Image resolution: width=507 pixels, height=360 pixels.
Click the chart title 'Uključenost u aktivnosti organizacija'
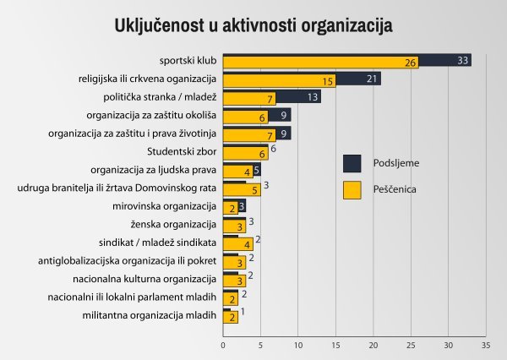[253, 25]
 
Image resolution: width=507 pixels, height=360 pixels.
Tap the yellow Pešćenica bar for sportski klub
[321, 63]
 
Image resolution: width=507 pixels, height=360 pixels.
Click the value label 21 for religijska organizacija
[370, 79]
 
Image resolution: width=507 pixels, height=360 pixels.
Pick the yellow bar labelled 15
[279, 82]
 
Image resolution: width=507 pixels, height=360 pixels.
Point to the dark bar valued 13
[313, 95]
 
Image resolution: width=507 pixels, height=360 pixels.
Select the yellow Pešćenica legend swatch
[352, 190]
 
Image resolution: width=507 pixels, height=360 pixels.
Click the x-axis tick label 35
[485, 345]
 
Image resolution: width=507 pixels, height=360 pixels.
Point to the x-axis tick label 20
[373, 345]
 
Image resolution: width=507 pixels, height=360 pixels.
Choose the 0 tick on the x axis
[223, 345]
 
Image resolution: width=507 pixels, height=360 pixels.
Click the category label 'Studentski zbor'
[182, 152]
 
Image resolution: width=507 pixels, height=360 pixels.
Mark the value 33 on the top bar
[462, 60]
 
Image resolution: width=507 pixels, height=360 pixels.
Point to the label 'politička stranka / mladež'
[161, 97]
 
